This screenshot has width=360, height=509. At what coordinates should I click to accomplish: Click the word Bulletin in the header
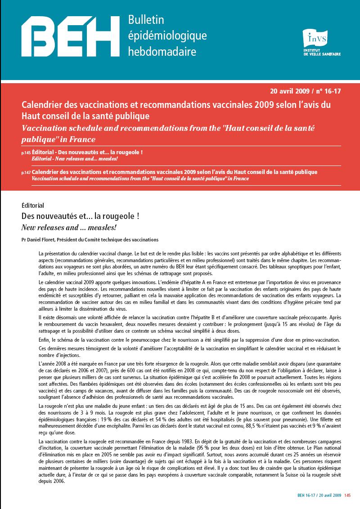146,20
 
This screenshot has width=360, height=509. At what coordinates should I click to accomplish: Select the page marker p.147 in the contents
26,173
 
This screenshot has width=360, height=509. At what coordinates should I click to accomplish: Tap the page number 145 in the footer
347,496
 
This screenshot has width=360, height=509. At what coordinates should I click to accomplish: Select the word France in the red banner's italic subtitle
81,138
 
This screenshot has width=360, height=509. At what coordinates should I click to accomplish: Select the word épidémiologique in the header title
167,36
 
